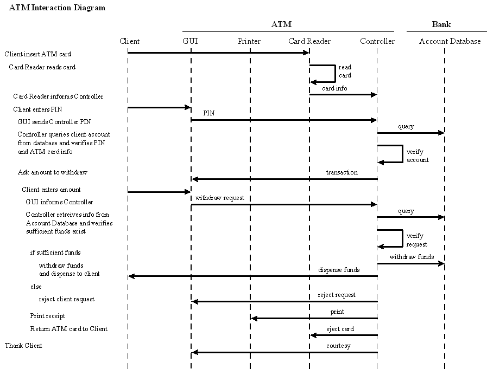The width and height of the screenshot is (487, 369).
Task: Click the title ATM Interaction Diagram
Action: click(x=58, y=8)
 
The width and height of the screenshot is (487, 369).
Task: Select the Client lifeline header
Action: click(x=129, y=41)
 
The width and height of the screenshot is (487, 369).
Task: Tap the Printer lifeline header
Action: click(x=249, y=41)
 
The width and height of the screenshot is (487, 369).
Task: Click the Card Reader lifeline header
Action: click(x=309, y=41)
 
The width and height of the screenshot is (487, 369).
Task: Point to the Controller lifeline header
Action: click(x=377, y=41)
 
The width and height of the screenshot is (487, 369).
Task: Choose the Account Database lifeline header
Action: click(x=450, y=41)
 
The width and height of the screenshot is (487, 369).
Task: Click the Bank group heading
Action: click(x=441, y=24)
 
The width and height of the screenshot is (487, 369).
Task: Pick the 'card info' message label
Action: click(x=334, y=88)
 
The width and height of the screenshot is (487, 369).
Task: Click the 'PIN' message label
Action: click(x=209, y=114)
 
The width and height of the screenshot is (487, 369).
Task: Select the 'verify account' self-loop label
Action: click(x=418, y=156)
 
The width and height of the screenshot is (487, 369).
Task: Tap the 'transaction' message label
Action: click(x=341, y=172)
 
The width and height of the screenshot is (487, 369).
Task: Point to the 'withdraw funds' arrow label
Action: click(x=411, y=257)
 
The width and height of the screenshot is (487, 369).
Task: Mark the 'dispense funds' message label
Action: click(x=339, y=269)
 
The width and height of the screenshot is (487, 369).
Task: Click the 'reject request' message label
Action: click(x=337, y=295)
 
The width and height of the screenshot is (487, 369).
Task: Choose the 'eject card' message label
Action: click(x=340, y=329)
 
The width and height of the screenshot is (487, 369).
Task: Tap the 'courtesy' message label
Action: click(x=338, y=346)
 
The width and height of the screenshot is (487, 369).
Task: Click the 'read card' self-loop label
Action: click(x=345, y=72)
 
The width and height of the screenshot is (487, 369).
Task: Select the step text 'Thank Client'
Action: click(x=23, y=346)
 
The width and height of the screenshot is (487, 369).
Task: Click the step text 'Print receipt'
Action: click(x=48, y=316)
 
